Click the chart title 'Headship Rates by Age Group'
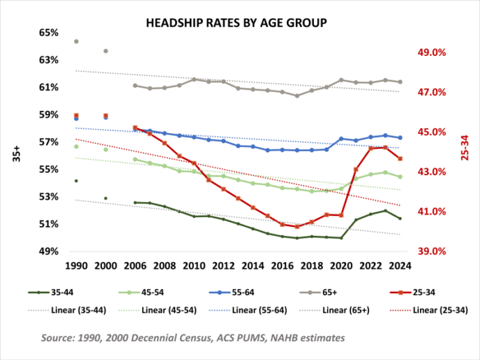[x=236, y=23]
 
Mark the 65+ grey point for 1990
[x=76, y=41]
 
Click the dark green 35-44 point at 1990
[x=76, y=181]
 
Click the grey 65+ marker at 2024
[x=400, y=81]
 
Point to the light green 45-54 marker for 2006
[x=135, y=159]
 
